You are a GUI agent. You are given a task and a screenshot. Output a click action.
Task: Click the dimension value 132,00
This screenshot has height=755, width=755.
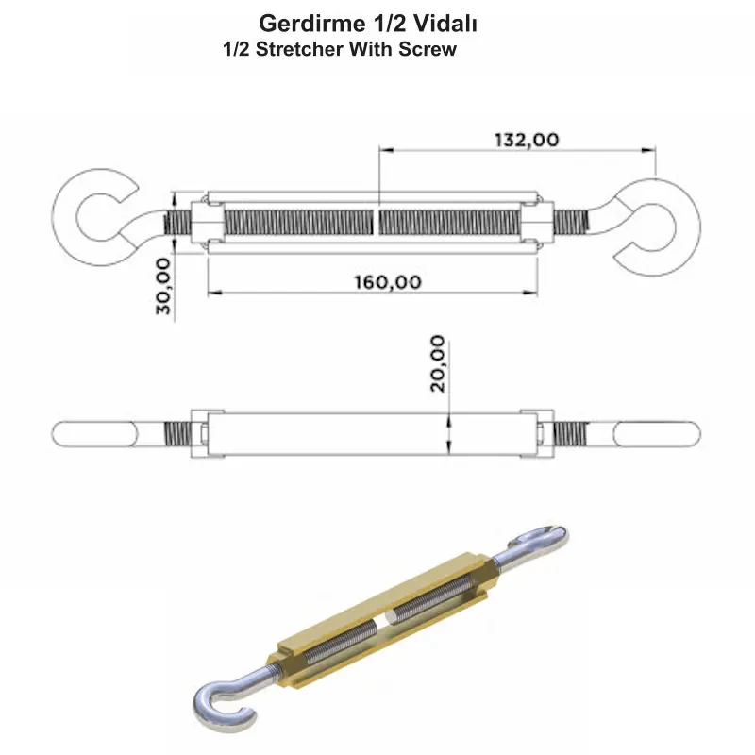point(526,139)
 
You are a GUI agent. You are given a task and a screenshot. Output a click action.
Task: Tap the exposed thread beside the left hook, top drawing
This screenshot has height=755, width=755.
point(179,224)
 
